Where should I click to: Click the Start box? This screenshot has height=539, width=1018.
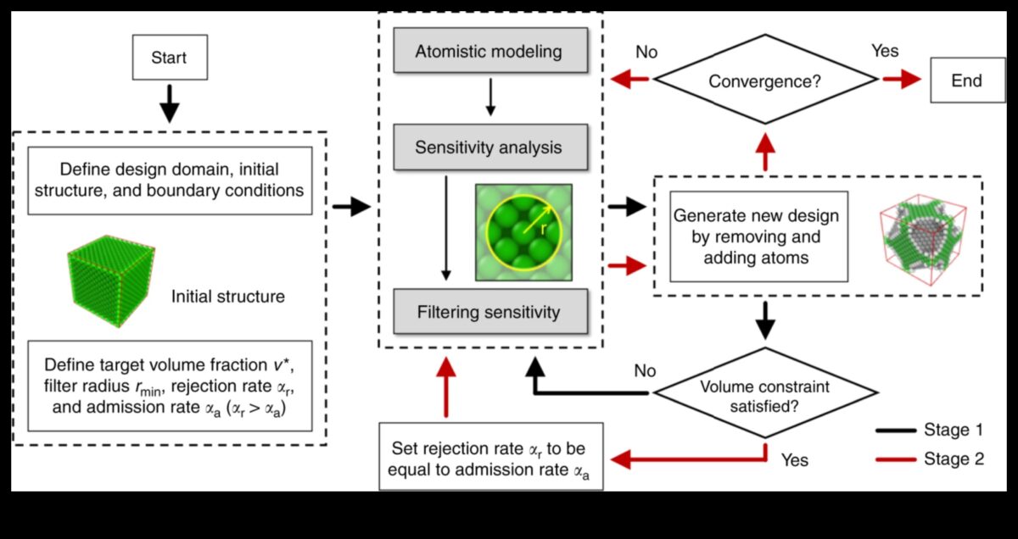pos(169,58)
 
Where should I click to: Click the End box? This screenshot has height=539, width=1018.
pos(967,81)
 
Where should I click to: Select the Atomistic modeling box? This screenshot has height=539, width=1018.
pos(489,52)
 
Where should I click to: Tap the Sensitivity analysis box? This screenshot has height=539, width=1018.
pos(489,147)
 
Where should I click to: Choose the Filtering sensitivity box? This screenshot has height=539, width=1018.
pos(489,312)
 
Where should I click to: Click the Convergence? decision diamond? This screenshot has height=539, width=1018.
pos(764,81)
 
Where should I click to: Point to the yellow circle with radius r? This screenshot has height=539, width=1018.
pos(523,231)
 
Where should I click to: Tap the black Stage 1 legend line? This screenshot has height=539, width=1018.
pos(896,431)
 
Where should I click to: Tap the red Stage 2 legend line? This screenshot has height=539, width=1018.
pos(896,459)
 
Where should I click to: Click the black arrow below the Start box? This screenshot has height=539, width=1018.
pos(170,103)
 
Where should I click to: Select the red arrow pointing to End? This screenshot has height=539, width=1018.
pos(902,80)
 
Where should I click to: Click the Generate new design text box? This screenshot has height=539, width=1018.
pos(758,236)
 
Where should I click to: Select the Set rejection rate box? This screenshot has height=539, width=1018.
pos(490,456)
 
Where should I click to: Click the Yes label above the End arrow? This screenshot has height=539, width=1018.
pos(885,52)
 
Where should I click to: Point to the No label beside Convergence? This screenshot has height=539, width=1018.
pos(646,53)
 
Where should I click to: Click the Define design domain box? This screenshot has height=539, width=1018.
pos(170,181)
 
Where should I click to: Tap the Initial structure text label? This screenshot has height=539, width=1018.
pos(227,297)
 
